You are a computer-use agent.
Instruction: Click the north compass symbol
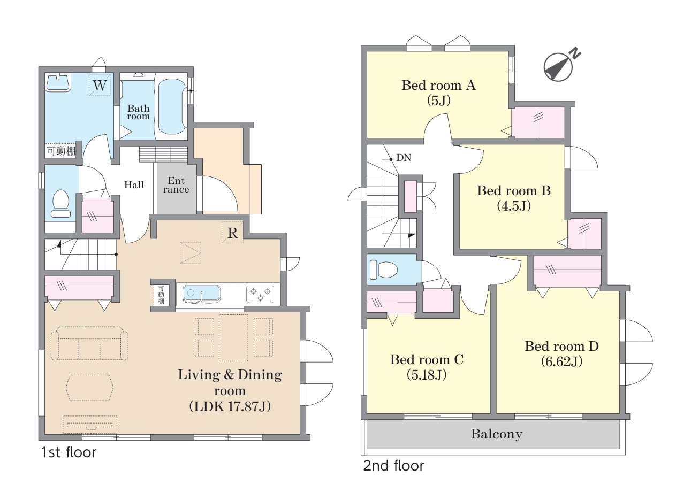[558, 67]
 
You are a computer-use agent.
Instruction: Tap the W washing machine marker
[100, 85]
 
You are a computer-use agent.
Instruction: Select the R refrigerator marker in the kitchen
[232, 233]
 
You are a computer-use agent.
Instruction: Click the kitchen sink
[201, 294]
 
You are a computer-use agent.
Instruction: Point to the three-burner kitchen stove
[261, 294]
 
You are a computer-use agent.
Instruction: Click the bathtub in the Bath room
[171, 106]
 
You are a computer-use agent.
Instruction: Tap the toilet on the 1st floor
[60, 204]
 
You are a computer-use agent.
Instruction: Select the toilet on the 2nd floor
[384, 269]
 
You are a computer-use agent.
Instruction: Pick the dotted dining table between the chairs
[233, 337]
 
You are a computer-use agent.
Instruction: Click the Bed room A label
[438, 86]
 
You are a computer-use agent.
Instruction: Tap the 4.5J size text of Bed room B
[514, 206]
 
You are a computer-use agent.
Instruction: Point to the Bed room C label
[427, 359]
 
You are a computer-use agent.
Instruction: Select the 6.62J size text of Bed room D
[561, 361]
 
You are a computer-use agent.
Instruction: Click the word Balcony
[497, 434]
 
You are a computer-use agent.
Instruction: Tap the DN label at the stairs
[404, 157]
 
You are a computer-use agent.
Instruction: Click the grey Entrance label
[176, 185]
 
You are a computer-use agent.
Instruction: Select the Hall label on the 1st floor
[134, 184]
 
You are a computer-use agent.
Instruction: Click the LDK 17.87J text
[230, 406]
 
